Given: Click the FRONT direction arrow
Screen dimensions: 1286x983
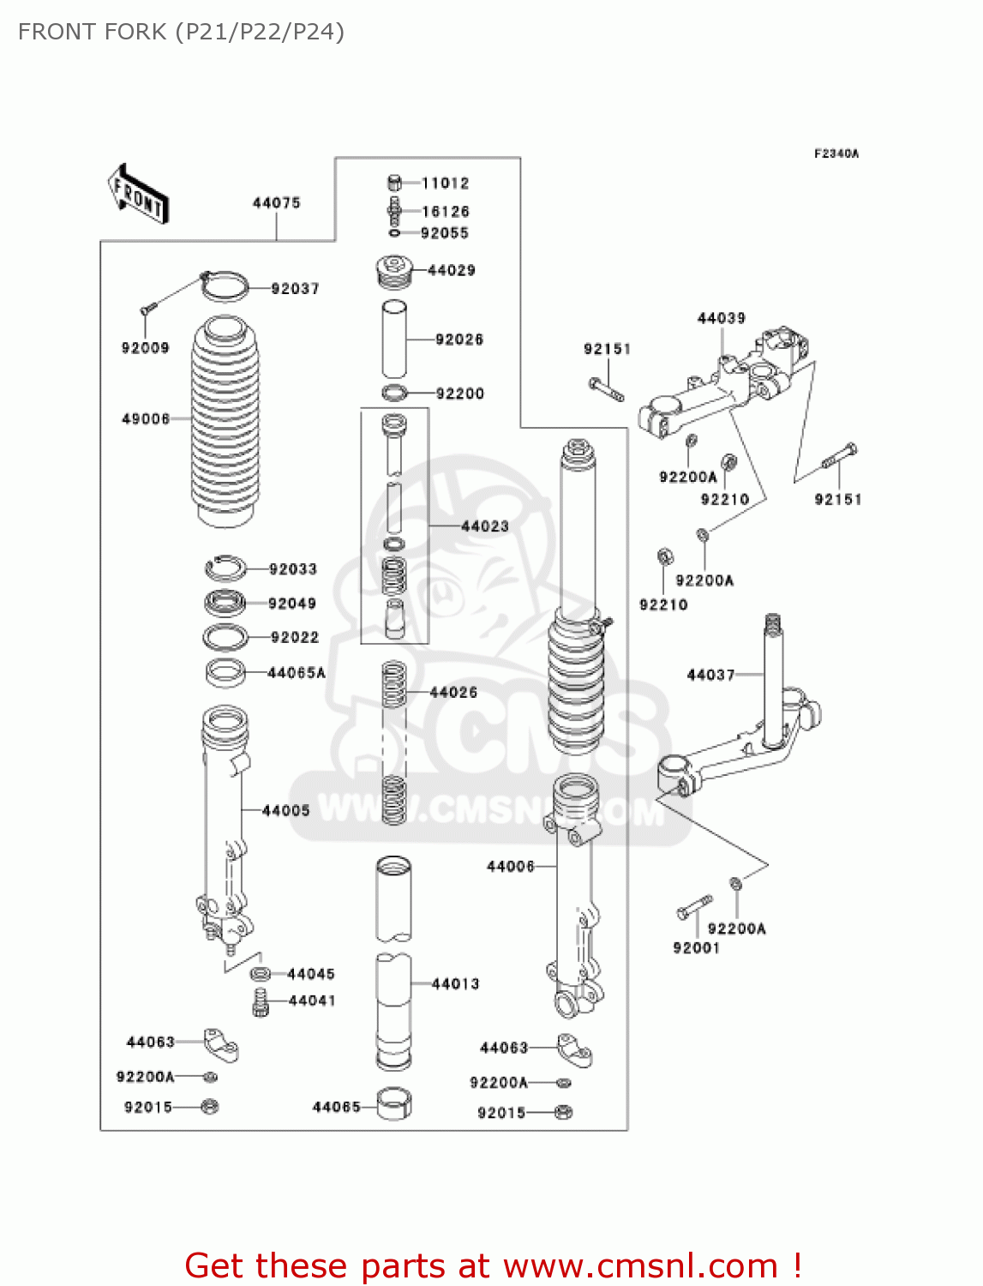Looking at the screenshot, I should [138, 194].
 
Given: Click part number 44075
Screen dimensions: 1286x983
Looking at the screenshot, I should [276, 203].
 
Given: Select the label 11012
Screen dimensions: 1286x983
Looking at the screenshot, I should [446, 183].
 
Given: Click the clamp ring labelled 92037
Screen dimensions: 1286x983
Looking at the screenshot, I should [225, 285].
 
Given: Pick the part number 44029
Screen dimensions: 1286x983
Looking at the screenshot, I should [452, 271].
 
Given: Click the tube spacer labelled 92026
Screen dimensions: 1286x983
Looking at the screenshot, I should [394, 340].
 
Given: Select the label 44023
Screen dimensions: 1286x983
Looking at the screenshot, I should [485, 526].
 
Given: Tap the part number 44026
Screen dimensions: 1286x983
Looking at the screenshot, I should [453, 693].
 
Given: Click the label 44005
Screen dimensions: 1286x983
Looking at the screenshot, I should [285, 811].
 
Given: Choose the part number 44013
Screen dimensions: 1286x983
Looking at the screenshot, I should [455, 984].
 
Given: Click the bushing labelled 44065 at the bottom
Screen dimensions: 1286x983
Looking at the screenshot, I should [394, 1104].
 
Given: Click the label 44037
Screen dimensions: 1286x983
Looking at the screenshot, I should [710, 676].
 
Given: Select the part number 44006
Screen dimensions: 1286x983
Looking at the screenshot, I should [511, 867].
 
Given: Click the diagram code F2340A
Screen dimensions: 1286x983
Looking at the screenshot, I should [836, 154].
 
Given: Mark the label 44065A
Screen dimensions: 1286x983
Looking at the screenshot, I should [297, 674].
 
